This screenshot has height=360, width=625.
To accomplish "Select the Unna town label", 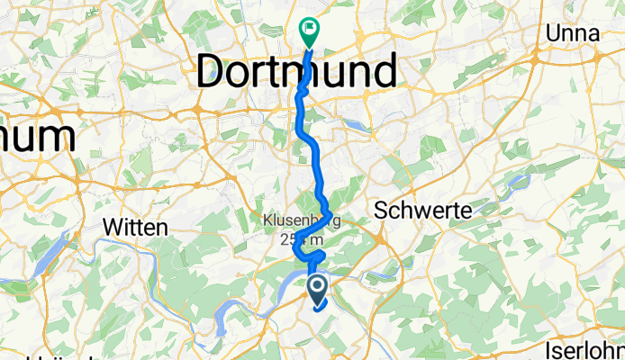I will pos(573,33).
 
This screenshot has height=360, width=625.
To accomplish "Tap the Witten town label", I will pos(136,228).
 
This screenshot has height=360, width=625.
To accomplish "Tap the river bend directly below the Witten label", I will pos(135,297).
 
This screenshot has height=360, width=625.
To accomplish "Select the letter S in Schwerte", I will pos(380,211).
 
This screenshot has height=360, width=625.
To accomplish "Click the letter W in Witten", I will pos(113,228).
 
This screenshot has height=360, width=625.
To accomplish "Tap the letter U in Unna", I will pos(552,33).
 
